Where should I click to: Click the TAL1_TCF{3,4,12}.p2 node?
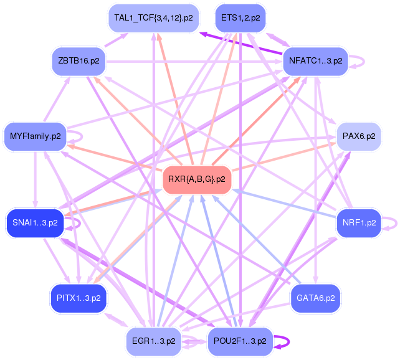click(153, 18)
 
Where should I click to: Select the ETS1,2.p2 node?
click(240, 18)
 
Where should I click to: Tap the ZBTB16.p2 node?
click(79, 61)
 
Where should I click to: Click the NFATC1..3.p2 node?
click(315, 61)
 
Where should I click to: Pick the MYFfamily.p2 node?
click(36, 136)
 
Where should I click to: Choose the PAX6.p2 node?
click(359, 136)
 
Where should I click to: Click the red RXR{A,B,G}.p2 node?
click(197, 179)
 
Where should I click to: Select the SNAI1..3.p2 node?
click(35, 223)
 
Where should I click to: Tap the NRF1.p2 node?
click(359, 223)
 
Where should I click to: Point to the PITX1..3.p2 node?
click(79, 298)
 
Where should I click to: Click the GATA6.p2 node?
click(315, 298)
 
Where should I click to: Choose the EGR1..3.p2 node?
click(153, 341)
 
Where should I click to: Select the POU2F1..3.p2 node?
click(240, 341)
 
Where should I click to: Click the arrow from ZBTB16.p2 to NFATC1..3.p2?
click(194, 62)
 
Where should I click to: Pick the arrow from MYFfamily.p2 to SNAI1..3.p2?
click(36, 180)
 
